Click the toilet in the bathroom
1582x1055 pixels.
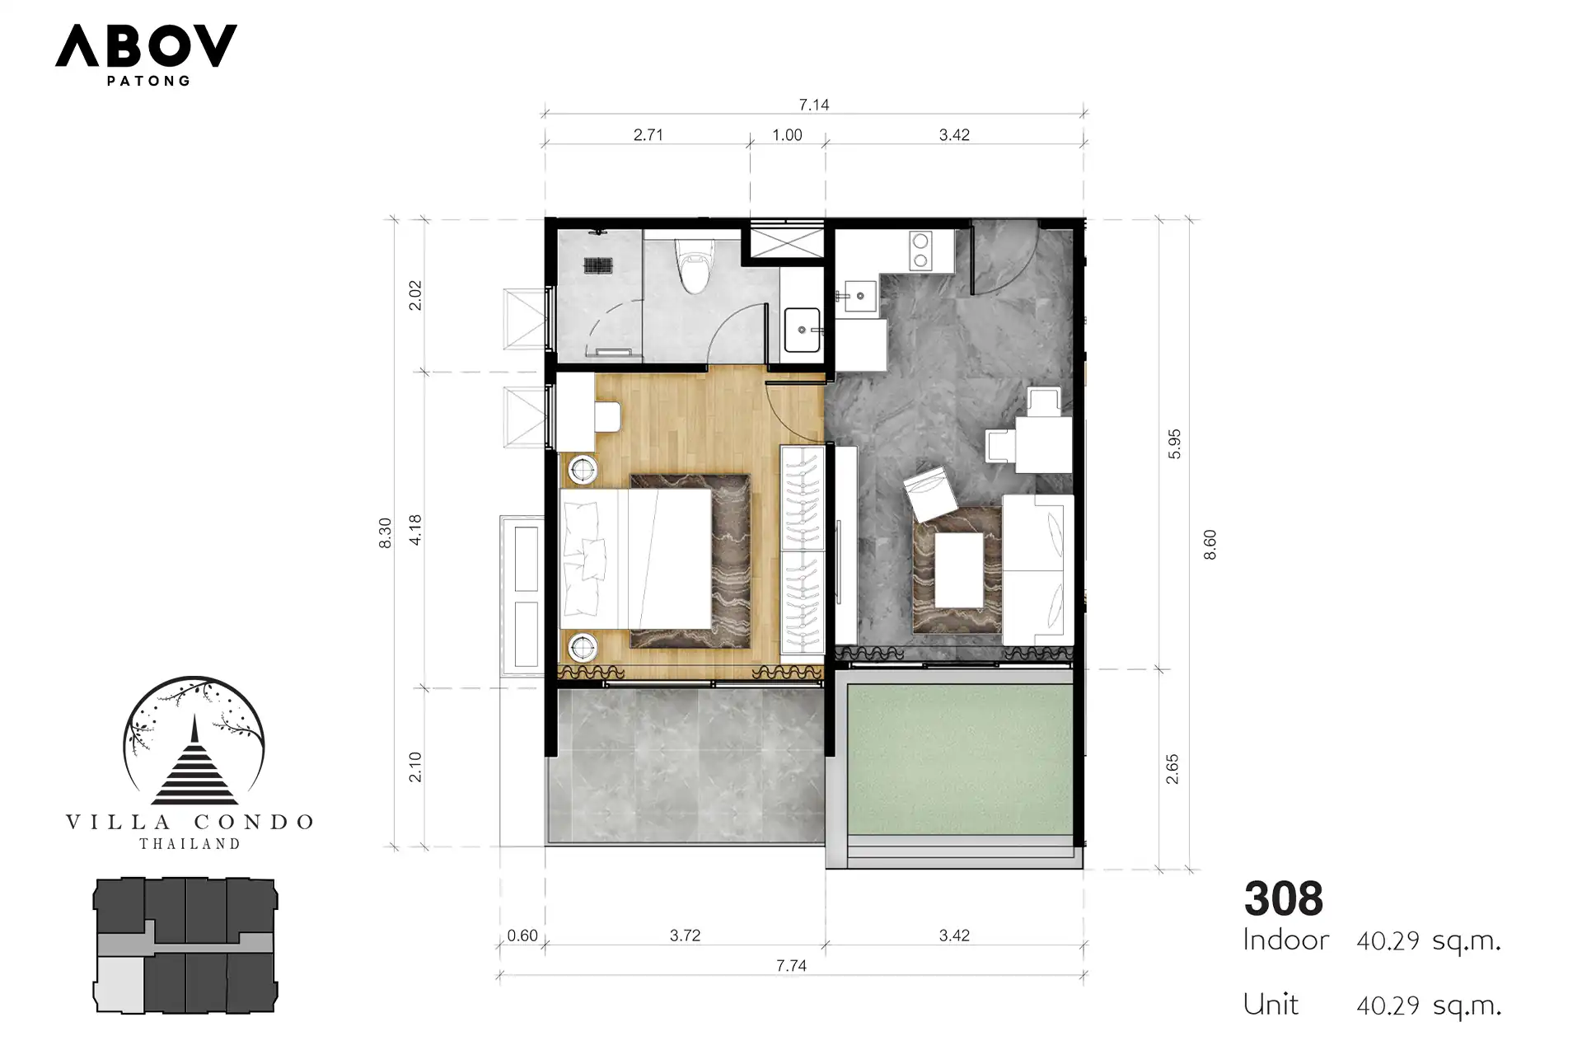(692, 265)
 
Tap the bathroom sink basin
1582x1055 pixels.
(802, 330)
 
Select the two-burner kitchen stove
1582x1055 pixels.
(920, 251)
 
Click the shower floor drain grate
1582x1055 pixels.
(598, 265)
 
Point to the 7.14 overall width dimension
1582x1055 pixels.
(814, 105)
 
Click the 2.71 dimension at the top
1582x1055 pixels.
(648, 134)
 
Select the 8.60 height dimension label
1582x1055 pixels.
(1210, 545)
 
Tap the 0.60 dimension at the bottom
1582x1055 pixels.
(522, 935)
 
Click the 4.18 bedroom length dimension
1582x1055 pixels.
(415, 530)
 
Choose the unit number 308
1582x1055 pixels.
(1284, 898)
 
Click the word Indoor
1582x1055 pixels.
(1286, 940)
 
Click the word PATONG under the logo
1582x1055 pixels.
(149, 81)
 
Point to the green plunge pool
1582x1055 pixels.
(960, 760)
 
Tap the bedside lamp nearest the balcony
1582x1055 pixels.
(583, 648)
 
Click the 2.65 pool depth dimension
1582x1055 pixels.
(1172, 769)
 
